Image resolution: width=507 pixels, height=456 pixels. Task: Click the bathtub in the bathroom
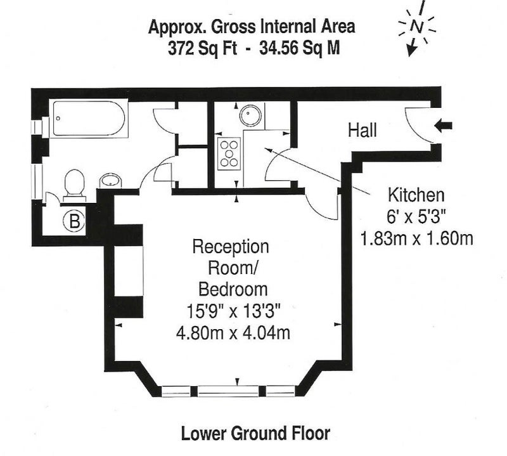[x=89, y=119]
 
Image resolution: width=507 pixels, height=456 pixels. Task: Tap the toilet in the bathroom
[x=75, y=186]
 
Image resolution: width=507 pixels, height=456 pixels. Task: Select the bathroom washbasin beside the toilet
[x=110, y=181]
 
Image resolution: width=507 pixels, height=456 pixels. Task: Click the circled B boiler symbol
[x=74, y=222]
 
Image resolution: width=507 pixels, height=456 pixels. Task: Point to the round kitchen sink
[x=250, y=115]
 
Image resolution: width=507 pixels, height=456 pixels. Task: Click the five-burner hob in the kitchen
[x=229, y=153]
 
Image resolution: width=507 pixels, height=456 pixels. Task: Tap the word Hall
[x=363, y=131]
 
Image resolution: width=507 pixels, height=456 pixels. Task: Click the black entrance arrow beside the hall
[x=443, y=126]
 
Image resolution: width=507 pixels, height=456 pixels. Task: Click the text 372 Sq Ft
[x=202, y=49]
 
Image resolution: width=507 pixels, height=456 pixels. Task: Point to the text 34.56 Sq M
[x=299, y=49]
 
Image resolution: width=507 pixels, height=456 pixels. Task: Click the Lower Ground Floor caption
[x=255, y=433]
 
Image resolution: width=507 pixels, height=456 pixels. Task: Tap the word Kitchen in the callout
[x=416, y=195]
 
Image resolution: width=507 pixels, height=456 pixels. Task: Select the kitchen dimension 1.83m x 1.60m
[x=416, y=238]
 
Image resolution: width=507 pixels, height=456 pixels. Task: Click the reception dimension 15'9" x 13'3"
[x=233, y=311]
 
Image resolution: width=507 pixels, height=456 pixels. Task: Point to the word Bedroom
[x=233, y=289]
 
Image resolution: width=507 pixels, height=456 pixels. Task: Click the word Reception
[x=231, y=247]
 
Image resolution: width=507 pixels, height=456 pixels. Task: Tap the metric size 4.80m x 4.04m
[x=233, y=333]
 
